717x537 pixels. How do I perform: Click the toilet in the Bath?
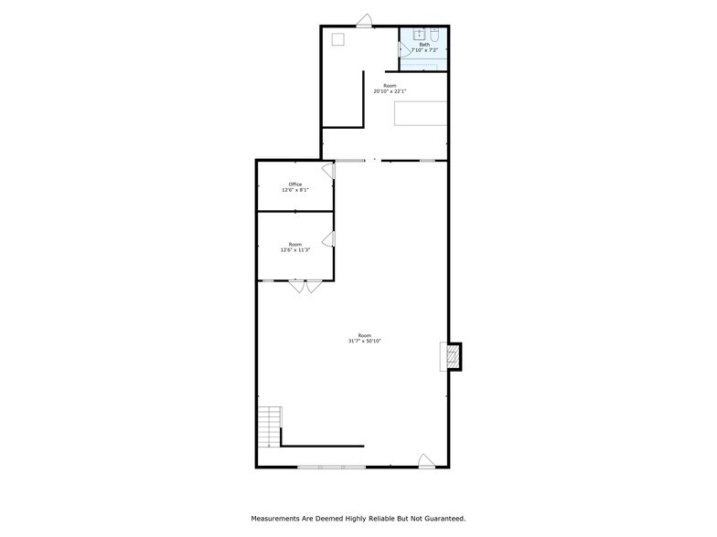pos(435,36)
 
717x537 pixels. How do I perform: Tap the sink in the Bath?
pos(418,36)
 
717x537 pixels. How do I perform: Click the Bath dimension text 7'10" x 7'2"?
pos(423,49)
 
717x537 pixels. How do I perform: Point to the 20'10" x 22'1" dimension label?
pos(390,90)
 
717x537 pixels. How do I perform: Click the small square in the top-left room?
pos(337,38)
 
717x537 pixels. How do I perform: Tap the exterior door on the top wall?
pos(364,21)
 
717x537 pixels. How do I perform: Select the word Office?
pos(294,184)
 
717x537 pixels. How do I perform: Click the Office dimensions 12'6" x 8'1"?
pos(294,190)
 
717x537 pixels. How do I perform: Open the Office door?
pos(327,171)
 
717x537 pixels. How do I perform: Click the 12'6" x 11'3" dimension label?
pos(294,250)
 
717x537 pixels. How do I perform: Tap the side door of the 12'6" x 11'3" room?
pos(327,239)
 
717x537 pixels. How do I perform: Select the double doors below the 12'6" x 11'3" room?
pos(305,286)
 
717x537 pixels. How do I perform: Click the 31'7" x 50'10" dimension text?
pos(364,341)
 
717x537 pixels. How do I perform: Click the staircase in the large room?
pos(270,427)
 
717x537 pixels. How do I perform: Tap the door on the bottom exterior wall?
pos(425,461)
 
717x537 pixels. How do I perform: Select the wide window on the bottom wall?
pos(331,467)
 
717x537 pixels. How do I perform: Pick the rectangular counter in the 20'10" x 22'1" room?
pos(421,113)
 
